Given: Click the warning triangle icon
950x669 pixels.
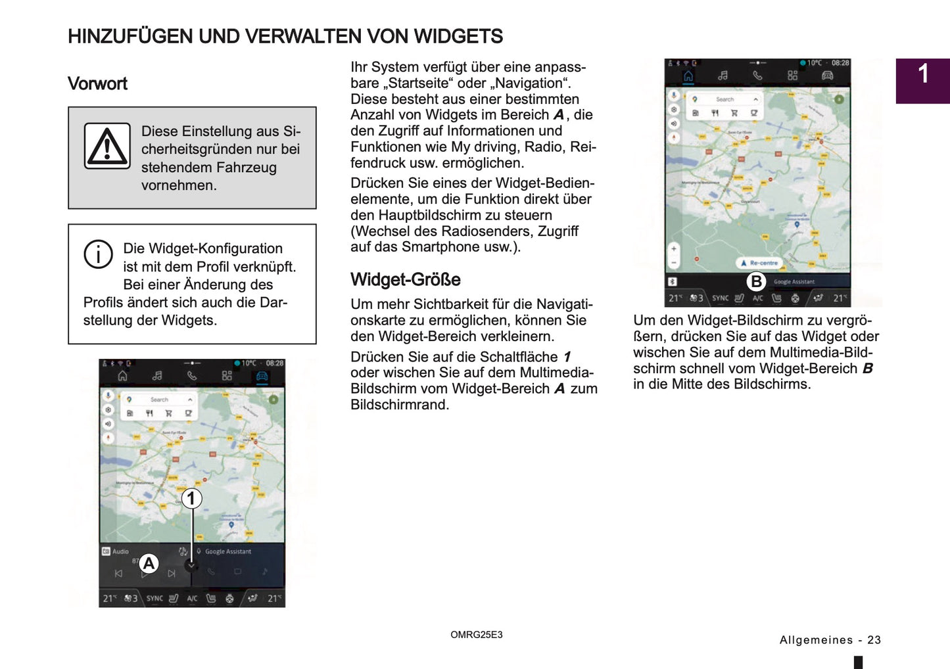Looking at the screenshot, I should (x=107, y=146).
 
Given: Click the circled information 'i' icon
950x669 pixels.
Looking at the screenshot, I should (x=98, y=254).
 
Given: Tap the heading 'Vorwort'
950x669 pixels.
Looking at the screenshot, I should (x=97, y=84).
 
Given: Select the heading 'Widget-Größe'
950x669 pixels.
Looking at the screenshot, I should (x=405, y=280).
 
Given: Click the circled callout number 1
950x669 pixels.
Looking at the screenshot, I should (x=191, y=498).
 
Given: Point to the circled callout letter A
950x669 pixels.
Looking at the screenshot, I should (x=149, y=563).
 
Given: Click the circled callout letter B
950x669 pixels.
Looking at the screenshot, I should (x=756, y=282).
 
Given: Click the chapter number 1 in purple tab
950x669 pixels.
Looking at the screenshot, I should (x=923, y=74).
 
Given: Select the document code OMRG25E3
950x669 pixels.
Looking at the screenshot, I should (x=476, y=635).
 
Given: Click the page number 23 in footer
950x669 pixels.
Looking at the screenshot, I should (x=874, y=640).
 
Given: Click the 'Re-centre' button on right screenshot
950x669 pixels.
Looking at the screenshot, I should (x=759, y=263).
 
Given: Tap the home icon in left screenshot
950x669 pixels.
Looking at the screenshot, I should (x=122, y=376).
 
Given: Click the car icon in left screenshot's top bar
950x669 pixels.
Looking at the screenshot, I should (x=262, y=376).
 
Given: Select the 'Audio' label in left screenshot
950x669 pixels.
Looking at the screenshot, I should (x=120, y=551).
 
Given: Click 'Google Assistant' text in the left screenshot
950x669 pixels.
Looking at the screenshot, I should (x=227, y=551).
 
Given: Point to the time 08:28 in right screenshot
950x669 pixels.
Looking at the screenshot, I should (x=840, y=63).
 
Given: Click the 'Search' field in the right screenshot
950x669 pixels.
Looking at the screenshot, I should (x=724, y=99).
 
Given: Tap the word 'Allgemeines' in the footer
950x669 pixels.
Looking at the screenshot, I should (x=816, y=640).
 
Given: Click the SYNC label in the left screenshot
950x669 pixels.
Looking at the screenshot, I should (x=154, y=599).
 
